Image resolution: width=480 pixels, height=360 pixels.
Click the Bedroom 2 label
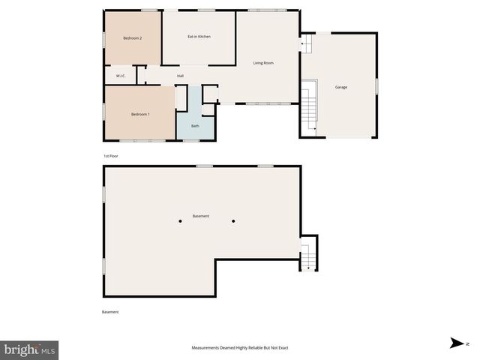point(132,37)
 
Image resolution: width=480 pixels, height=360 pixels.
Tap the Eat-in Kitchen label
point(199,36)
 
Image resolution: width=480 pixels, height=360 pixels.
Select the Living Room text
point(263,63)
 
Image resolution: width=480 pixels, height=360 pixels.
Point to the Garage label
point(341,87)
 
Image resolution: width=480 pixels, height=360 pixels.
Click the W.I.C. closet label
point(120,76)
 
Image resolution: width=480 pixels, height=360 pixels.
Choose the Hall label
point(181,76)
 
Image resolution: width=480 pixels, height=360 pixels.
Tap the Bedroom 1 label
point(140,114)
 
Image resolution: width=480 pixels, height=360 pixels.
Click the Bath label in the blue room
point(195,126)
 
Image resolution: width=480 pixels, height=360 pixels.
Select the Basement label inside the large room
point(201,216)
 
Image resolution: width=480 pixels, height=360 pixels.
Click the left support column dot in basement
point(180,221)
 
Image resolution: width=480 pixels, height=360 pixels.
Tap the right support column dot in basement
point(233,221)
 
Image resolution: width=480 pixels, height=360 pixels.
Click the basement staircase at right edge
point(307,255)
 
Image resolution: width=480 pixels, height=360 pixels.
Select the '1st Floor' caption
point(111,156)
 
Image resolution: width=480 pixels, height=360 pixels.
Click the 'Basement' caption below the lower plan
point(110,312)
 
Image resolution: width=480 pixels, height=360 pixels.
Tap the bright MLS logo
point(30,349)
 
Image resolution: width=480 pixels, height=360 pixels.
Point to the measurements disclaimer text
point(240,348)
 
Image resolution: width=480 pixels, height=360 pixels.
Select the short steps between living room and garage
point(306,46)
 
